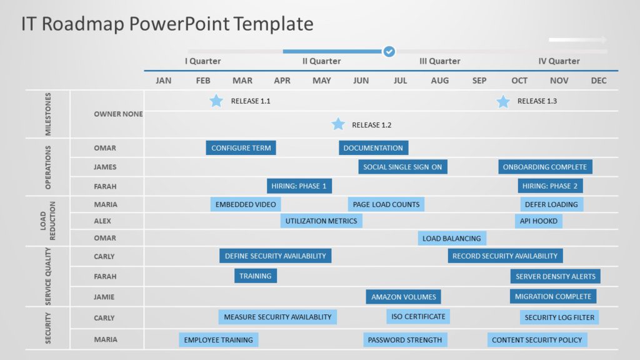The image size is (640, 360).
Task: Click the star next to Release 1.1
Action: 216,101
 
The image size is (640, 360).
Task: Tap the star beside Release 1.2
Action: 338,124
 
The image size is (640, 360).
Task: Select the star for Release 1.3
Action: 503,101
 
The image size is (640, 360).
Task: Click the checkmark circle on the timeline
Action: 389,51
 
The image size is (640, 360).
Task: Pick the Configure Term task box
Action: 241,148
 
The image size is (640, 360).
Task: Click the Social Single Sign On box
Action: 402,167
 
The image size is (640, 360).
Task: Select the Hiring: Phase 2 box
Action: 550,186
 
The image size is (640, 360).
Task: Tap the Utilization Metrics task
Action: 321,221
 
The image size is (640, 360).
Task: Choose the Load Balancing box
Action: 452,238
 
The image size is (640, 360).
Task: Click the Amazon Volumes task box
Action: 404,297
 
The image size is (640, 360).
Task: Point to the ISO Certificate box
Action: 418,317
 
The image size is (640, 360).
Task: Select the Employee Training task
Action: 218,340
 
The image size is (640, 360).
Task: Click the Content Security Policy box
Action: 537,340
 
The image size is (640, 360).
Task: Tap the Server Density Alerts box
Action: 555,276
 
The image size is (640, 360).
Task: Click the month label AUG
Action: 439,81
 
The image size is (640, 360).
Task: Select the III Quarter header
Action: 439,61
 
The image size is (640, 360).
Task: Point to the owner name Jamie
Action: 104,297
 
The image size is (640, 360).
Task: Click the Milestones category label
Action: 48,114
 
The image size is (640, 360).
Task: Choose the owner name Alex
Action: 102,221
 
